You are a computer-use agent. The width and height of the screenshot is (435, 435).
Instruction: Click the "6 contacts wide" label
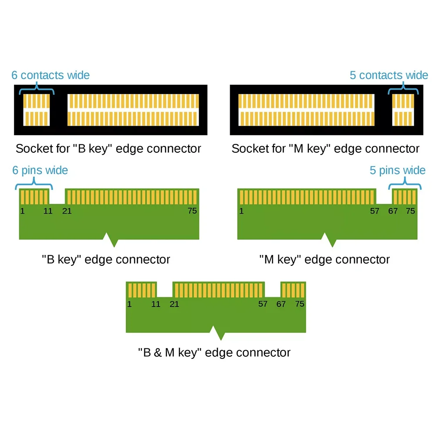click(x=50, y=75)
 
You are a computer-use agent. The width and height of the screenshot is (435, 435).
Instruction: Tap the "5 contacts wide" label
click(x=388, y=75)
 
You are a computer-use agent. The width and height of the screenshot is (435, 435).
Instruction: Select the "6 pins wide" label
click(x=40, y=170)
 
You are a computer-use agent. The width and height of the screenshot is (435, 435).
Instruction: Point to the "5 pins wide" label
click(x=398, y=170)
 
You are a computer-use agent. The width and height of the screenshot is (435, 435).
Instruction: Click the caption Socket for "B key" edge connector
click(x=108, y=149)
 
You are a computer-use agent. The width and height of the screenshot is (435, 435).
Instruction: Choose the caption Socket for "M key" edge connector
click(x=325, y=149)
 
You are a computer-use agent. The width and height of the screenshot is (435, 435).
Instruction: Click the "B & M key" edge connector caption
click(x=214, y=352)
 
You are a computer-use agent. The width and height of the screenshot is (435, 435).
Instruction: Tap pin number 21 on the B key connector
click(x=67, y=211)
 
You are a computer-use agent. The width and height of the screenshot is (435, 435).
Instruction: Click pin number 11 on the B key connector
click(x=48, y=211)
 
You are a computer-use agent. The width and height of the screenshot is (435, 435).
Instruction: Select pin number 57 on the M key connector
click(x=374, y=211)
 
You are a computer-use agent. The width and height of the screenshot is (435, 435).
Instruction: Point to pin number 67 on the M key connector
click(x=393, y=211)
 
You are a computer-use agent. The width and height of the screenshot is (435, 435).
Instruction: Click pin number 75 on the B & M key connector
click(x=300, y=304)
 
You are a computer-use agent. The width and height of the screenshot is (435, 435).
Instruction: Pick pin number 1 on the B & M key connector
click(x=129, y=304)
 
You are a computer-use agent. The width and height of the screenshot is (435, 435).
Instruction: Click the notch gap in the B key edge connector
click(x=57, y=197)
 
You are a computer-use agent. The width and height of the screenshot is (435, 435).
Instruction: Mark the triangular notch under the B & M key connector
click(x=217, y=333)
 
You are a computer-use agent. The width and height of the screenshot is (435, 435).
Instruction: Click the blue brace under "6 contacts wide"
click(x=37, y=90)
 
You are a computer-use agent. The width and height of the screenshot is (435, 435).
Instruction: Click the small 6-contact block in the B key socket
click(x=37, y=110)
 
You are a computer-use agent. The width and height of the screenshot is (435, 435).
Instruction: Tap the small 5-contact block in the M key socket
click(x=403, y=110)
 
